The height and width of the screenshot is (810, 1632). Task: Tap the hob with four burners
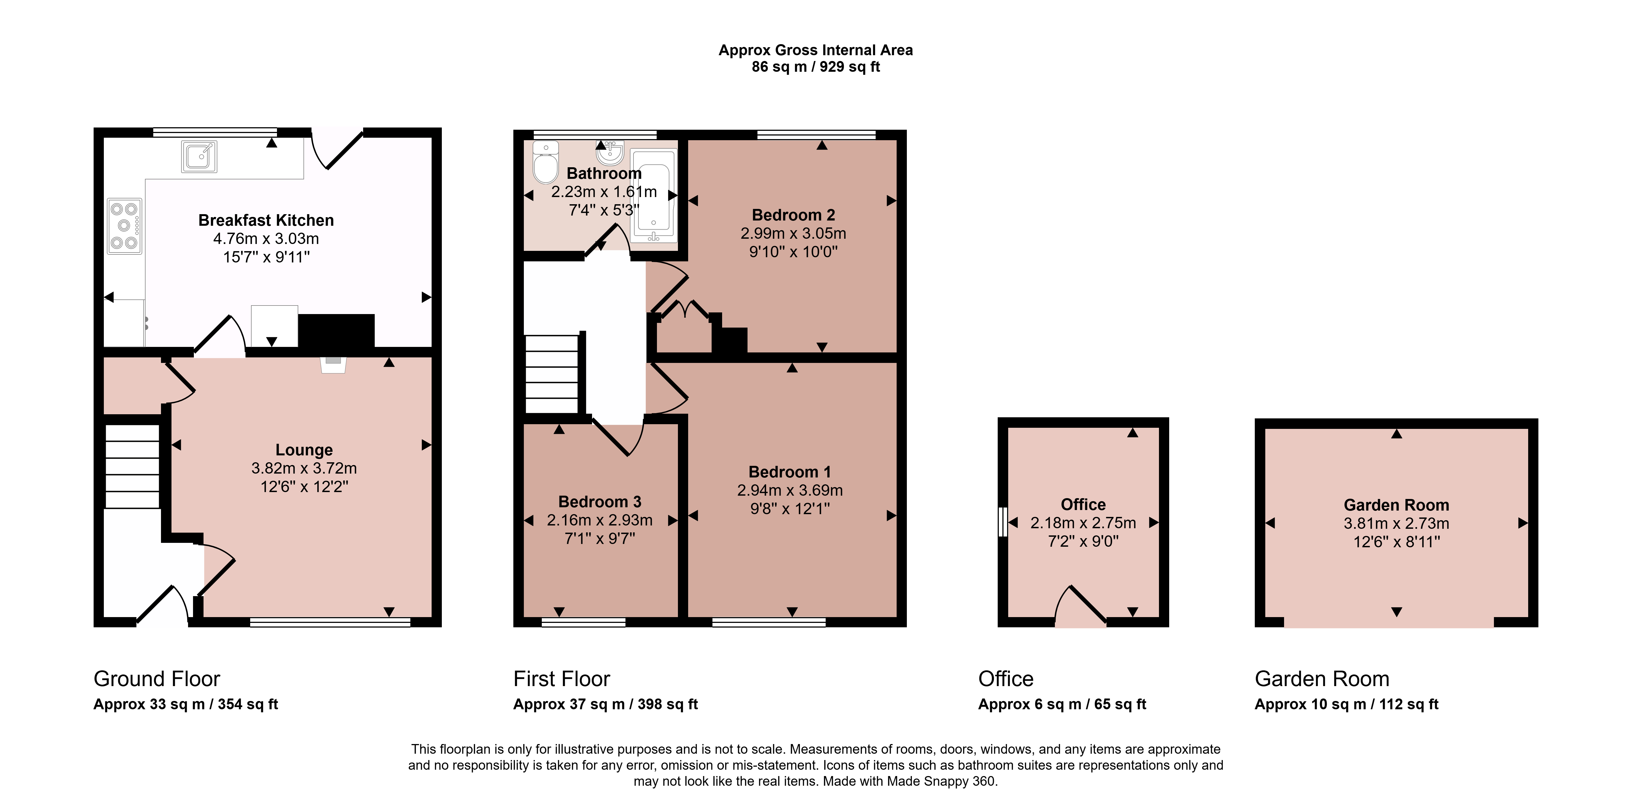[124, 226]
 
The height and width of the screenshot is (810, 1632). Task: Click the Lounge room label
[304, 450]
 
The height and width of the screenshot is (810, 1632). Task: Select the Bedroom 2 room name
[793, 215]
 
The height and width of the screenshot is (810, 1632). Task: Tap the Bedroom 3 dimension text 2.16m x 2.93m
[599, 520]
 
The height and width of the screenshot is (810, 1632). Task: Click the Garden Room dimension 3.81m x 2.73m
[1396, 523]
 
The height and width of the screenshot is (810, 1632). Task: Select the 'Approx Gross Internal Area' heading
[815, 50]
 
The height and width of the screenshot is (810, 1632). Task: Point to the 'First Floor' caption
[561, 679]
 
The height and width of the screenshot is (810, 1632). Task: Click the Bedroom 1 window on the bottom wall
[769, 623]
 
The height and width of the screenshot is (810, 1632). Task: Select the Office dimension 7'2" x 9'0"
[1083, 541]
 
